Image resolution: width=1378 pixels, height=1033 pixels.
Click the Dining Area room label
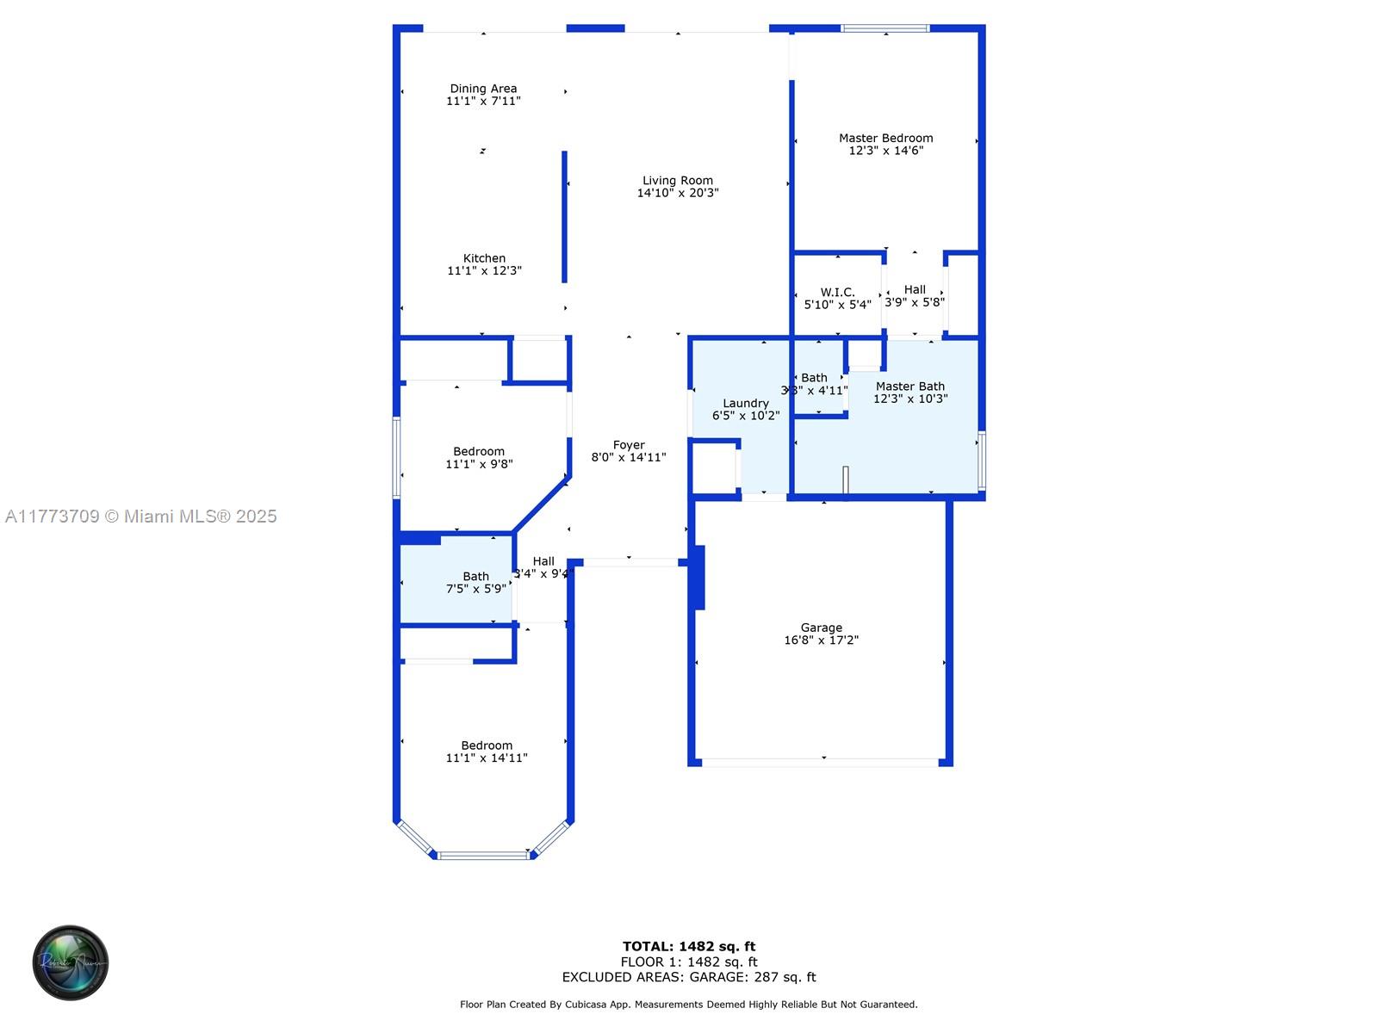point(483,89)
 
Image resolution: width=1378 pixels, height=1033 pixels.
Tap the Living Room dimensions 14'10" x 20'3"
point(678,194)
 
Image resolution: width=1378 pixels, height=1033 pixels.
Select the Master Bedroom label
point(885,138)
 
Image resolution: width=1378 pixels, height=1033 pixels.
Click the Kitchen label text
point(484,258)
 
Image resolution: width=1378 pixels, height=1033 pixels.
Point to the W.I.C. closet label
point(837,293)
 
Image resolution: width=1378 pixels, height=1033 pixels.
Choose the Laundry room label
point(746,404)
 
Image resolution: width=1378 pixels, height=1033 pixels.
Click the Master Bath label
point(910,387)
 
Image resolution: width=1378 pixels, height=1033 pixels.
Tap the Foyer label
point(629,445)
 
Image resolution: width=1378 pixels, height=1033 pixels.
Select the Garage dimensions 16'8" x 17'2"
point(821,640)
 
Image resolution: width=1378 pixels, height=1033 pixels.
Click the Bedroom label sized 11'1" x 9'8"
point(479,452)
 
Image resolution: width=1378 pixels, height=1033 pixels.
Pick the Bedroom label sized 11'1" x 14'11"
point(487,746)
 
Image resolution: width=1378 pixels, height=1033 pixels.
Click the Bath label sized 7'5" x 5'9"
point(475,577)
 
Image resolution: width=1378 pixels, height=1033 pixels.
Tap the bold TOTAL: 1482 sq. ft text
point(689,947)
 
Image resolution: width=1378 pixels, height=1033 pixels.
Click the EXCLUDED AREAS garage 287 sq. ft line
point(689,977)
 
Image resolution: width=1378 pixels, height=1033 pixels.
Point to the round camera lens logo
point(71,962)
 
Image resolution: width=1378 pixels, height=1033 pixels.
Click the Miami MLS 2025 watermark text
point(141,516)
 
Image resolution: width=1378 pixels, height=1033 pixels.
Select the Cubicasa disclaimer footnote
point(689,1005)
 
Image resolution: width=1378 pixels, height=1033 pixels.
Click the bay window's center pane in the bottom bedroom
point(483,855)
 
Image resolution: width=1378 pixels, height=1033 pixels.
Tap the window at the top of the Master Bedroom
point(885,28)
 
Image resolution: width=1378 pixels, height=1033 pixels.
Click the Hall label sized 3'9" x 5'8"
point(915,290)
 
